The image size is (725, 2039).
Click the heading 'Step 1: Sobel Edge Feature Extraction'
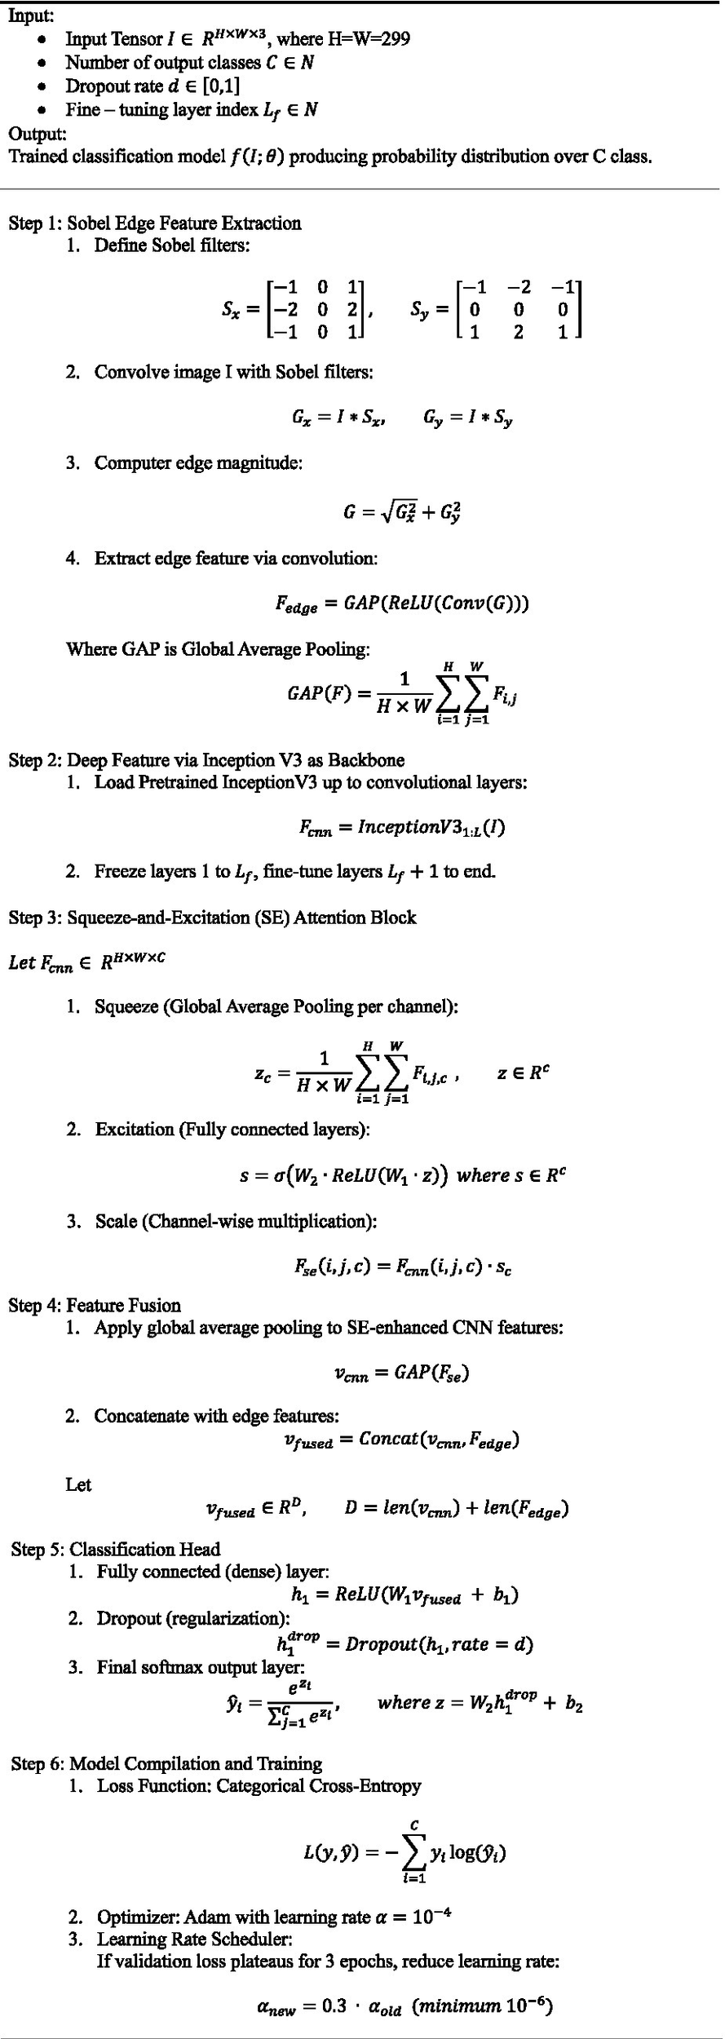coord(155,223)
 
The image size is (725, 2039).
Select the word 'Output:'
coord(38,133)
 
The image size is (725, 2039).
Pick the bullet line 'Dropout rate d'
coord(153,86)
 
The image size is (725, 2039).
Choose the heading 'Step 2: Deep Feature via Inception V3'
coord(206,760)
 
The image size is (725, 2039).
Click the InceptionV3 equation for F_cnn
coord(401,827)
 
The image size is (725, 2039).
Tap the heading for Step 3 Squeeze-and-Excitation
coord(212,918)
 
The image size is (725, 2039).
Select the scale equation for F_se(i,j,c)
coord(403,1267)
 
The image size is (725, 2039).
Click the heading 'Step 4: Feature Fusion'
coord(95,1305)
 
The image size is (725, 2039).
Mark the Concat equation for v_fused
coord(401,1440)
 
